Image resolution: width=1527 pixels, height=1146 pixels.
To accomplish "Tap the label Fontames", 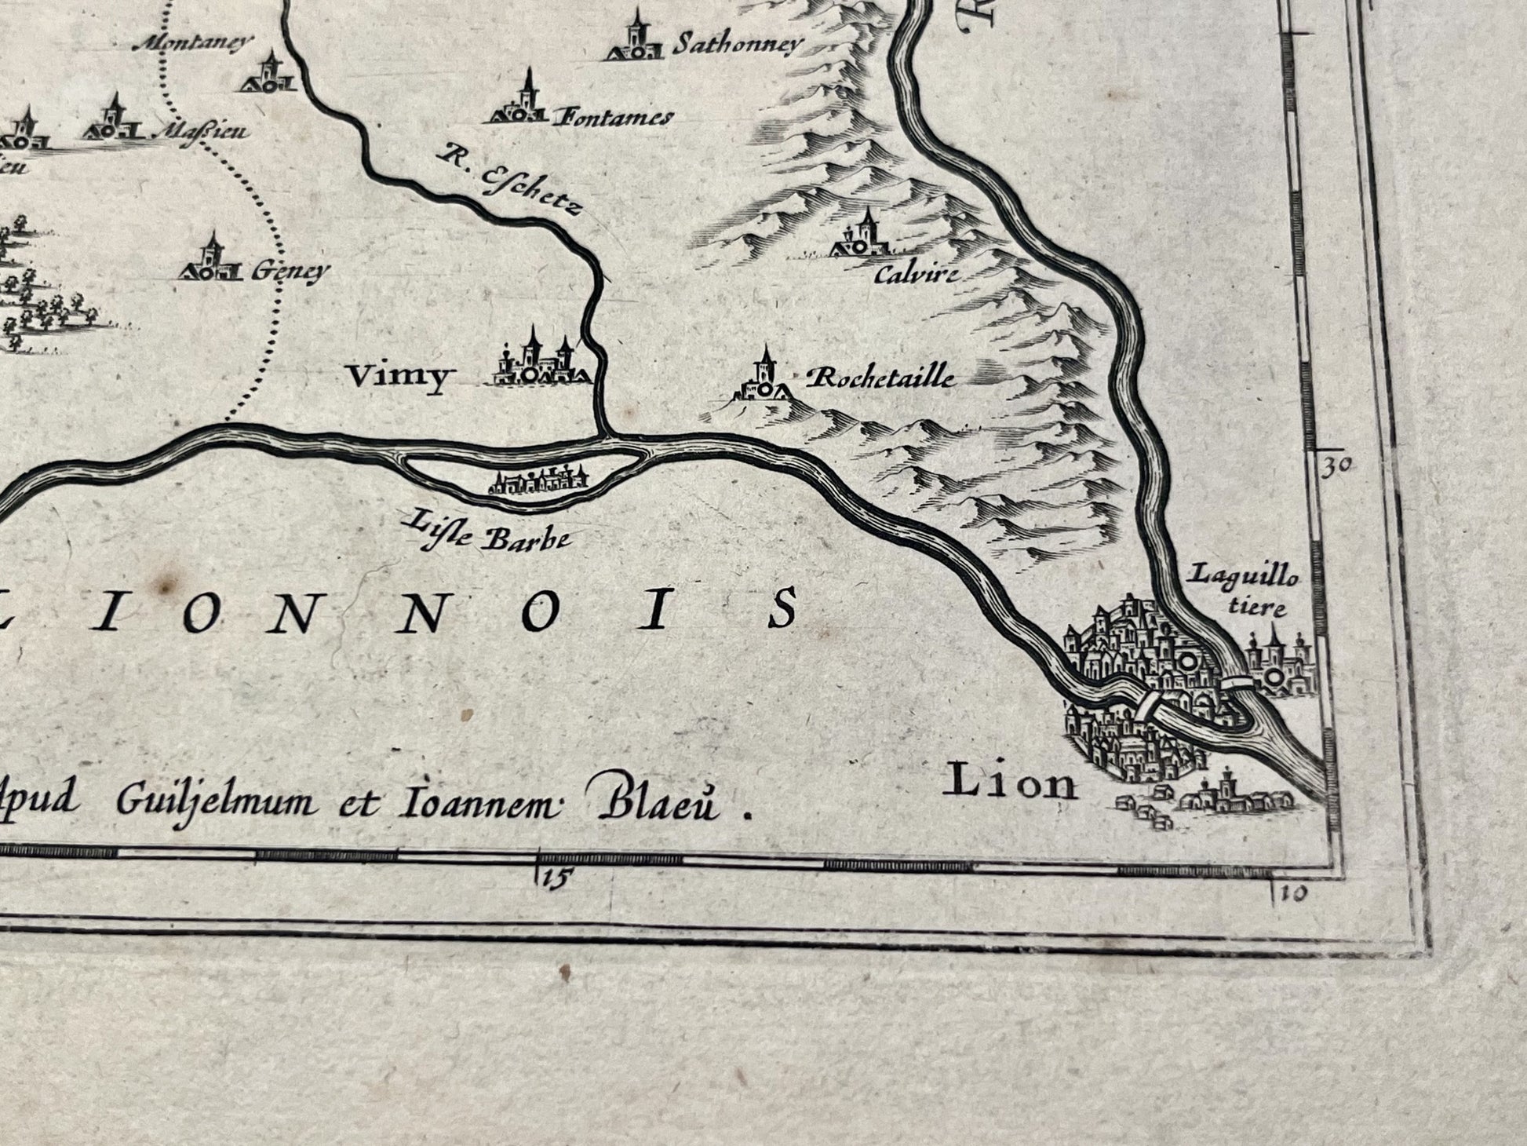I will click(614, 119).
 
